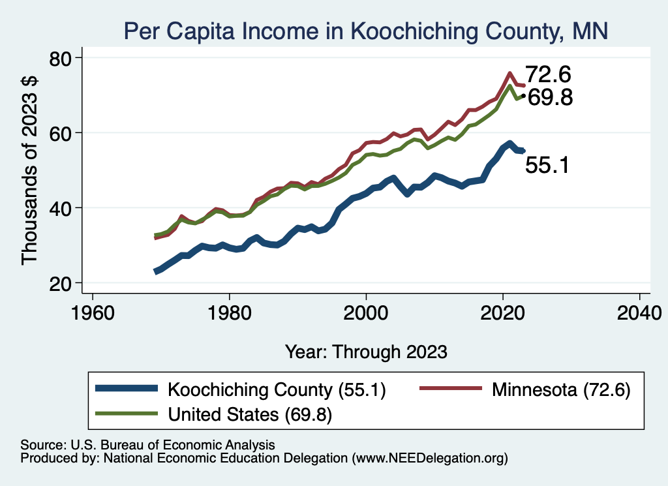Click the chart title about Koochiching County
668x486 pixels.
tap(366, 31)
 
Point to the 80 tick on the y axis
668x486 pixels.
tap(63, 58)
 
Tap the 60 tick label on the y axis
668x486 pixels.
tap(63, 133)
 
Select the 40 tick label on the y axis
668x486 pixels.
tap(63, 208)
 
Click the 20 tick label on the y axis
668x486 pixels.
tap(63, 283)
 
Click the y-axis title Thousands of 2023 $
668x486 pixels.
tap(30, 171)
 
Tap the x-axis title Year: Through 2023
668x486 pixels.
tap(366, 352)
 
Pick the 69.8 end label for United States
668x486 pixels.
tap(549, 98)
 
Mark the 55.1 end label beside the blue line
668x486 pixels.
tap(547, 166)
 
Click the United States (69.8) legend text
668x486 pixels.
tap(250, 414)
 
